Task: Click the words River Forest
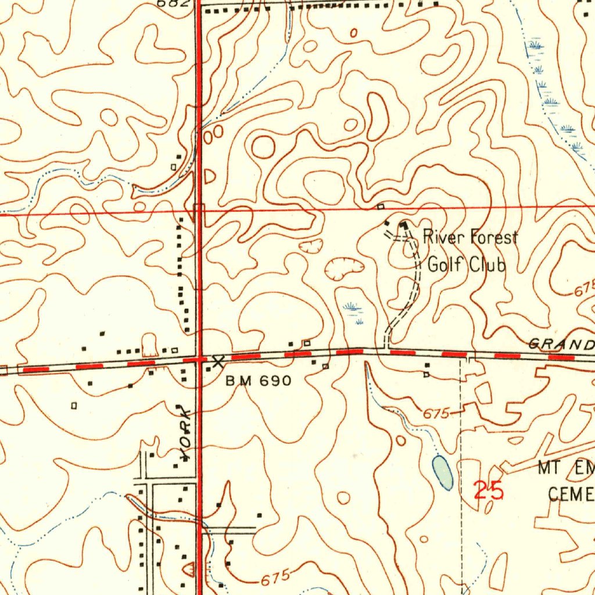[x=469, y=238]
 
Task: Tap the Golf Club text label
[x=467, y=265]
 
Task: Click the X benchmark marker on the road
[x=218, y=362]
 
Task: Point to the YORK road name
[x=185, y=433]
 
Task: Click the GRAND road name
[x=561, y=345]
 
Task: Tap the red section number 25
[x=488, y=492]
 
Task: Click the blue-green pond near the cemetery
[x=442, y=471]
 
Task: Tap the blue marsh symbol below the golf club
[x=352, y=309]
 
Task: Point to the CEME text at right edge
[x=571, y=494]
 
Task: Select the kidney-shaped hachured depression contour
[x=344, y=268]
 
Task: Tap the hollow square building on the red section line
[x=381, y=206]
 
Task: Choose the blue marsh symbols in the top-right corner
[x=552, y=99]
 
